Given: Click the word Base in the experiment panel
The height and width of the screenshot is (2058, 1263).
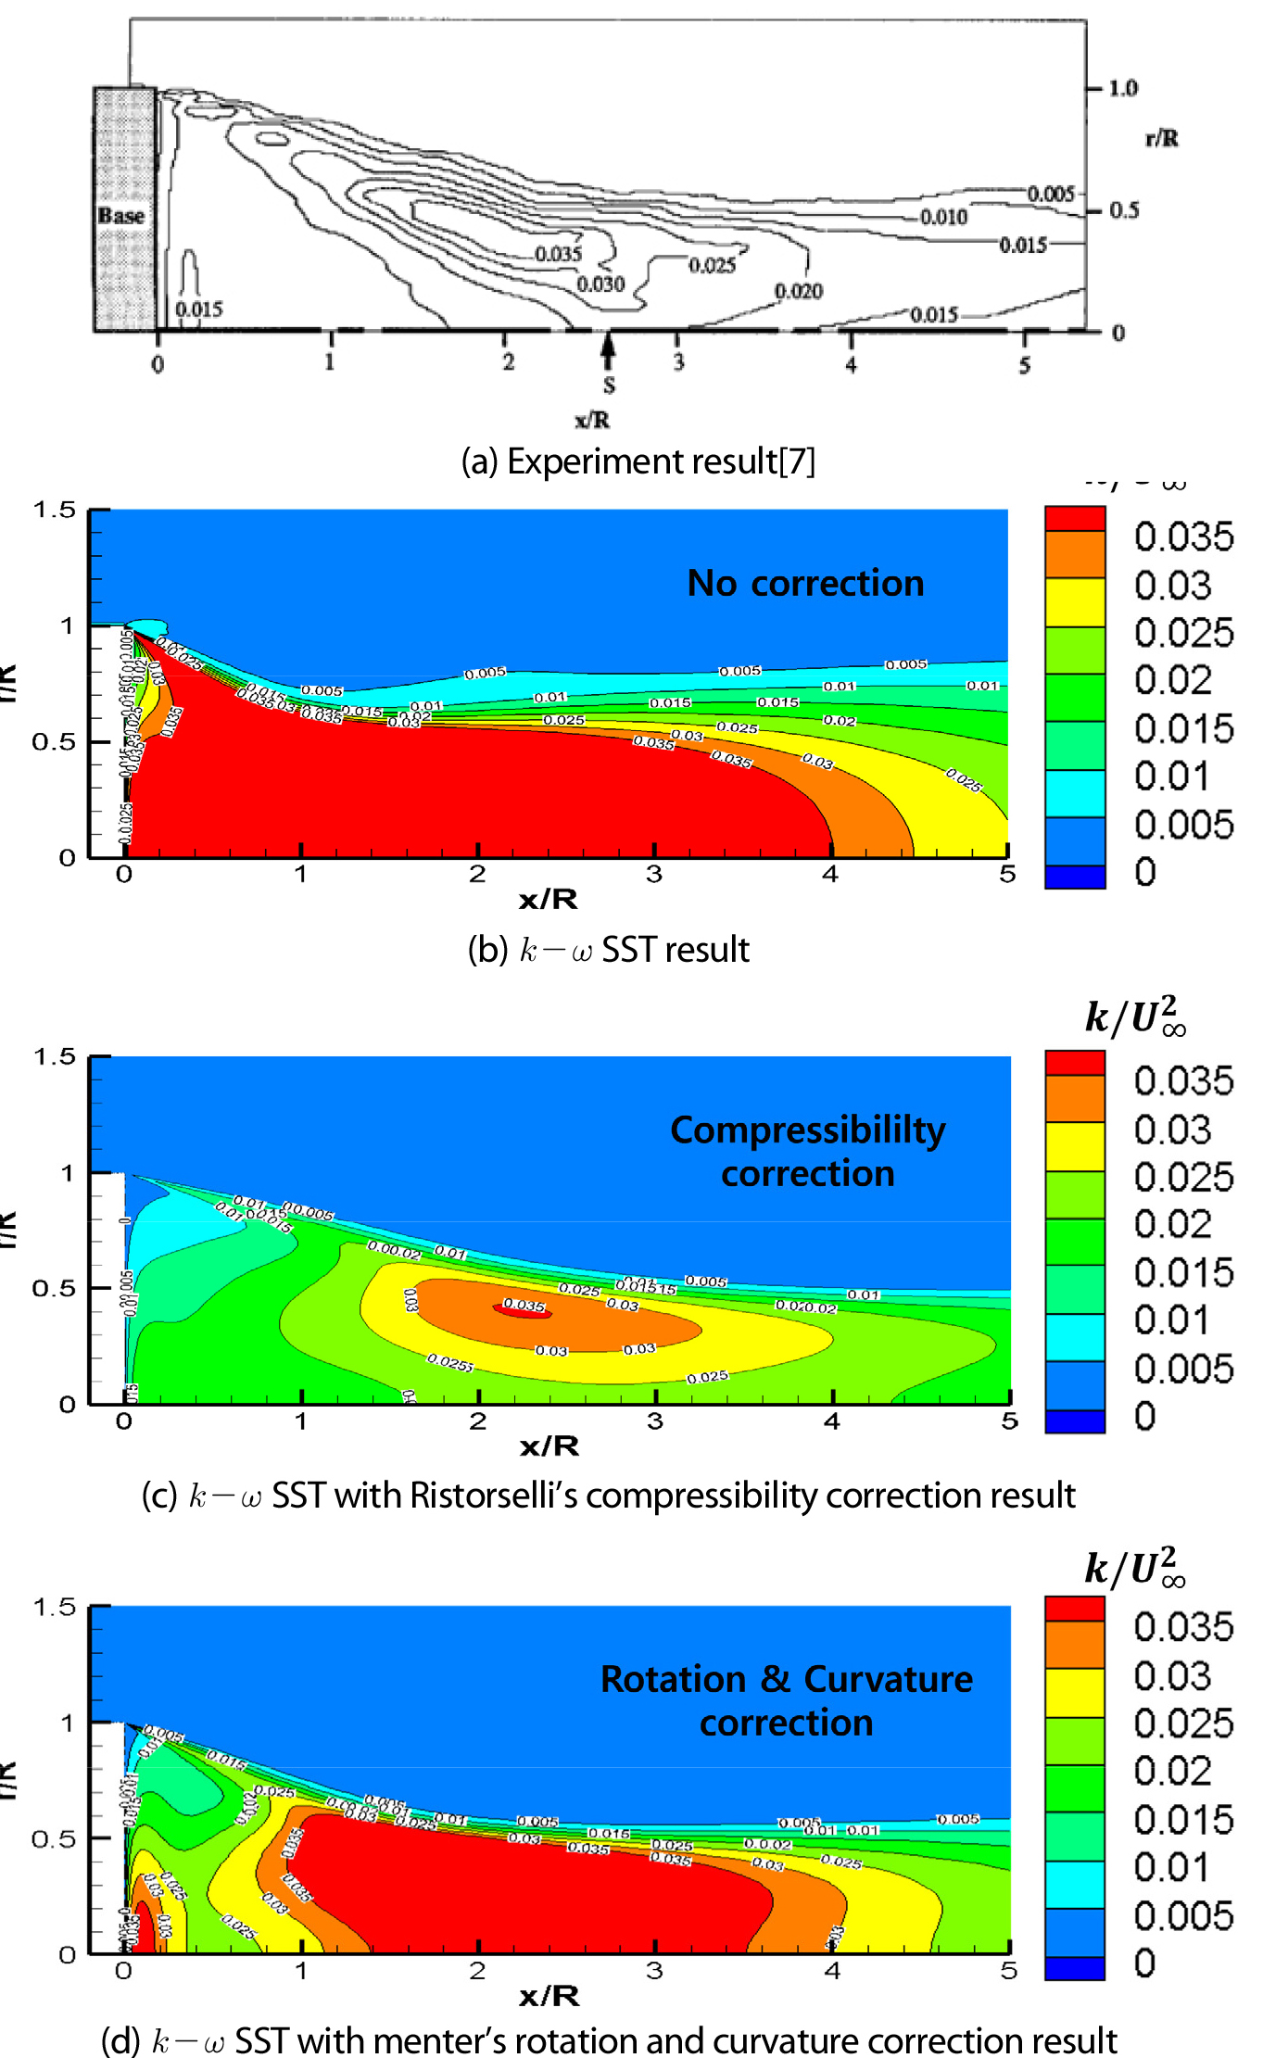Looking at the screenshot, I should [121, 215].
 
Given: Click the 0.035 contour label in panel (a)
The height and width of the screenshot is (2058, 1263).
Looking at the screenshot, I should [558, 254].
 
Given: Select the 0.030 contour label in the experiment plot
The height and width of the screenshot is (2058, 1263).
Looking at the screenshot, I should [600, 284].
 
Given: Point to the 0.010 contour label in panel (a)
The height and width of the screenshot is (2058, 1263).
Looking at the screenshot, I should [943, 217].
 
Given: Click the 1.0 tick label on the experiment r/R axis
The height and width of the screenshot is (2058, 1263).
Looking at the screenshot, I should [1123, 88].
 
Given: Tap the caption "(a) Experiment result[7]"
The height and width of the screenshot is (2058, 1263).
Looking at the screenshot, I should [638, 461].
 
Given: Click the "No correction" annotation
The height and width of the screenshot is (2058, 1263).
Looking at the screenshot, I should [805, 583].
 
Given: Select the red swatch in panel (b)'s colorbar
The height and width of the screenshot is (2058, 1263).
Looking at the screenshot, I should [1075, 518].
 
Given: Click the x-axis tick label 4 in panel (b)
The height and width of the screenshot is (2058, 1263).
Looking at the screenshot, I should [830, 874].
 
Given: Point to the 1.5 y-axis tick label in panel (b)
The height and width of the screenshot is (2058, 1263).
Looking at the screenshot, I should [54, 510].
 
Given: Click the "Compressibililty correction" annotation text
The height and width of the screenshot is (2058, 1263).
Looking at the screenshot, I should [808, 1151].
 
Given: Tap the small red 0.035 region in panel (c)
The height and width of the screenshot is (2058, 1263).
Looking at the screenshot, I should [524, 1308].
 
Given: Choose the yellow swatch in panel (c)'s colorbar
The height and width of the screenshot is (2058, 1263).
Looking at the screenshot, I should [1075, 1146].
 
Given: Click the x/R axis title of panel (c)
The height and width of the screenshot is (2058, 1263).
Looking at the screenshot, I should [549, 1446].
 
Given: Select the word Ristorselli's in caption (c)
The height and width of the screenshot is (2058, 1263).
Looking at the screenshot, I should [494, 1495].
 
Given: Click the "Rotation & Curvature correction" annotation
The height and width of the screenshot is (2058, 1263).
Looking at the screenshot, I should [787, 1700].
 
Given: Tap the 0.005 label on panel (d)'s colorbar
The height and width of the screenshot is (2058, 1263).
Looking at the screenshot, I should [1183, 1915].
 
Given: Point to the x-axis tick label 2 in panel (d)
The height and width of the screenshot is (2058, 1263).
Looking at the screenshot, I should [477, 1971].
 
